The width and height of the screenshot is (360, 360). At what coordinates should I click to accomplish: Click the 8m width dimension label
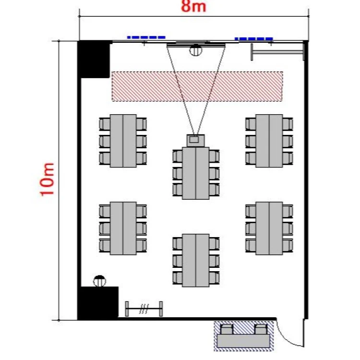[x=194, y=7]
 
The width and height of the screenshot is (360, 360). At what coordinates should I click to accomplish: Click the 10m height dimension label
[x=48, y=179]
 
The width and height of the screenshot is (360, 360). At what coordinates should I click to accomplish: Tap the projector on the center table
[x=195, y=140]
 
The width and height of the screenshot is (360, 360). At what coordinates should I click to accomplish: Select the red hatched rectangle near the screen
[x=197, y=86]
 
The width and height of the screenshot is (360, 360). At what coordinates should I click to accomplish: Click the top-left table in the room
[x=123, y=141]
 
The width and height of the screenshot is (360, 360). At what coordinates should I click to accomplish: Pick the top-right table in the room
[x=269, y=141]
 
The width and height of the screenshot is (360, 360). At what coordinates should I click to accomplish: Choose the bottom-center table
[x=196, y=260]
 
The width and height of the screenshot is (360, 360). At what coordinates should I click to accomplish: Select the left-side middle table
[x=123, y=228]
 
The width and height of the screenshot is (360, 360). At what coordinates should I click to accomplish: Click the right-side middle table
[x=269, y=228]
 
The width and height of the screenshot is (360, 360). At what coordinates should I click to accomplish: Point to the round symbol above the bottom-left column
[x=99, y=281]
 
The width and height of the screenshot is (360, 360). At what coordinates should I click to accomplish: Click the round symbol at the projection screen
[x=196, y=49]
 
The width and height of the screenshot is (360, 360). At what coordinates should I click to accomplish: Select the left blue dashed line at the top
[x=146, y=37]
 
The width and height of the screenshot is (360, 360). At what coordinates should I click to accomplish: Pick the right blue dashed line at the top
[x=253, y=38]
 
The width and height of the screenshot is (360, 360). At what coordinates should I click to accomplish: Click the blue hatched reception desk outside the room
[x=243, y=336]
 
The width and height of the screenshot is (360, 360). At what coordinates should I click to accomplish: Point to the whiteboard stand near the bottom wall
[x=144, y=309]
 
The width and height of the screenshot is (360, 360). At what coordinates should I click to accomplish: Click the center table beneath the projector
[x=196, y=173]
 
